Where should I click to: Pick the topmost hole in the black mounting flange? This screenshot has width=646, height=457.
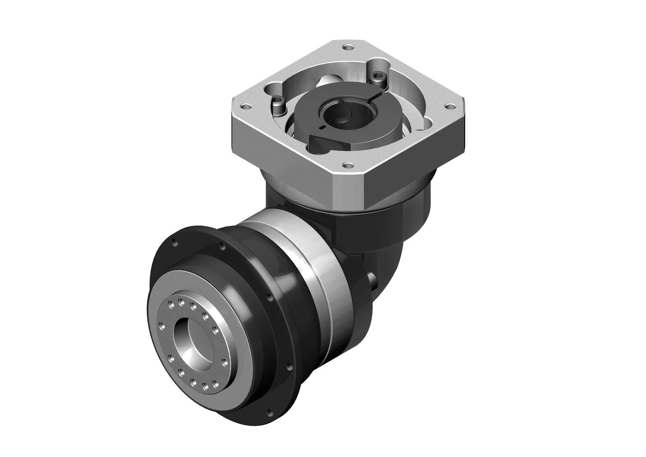pos(222,247)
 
